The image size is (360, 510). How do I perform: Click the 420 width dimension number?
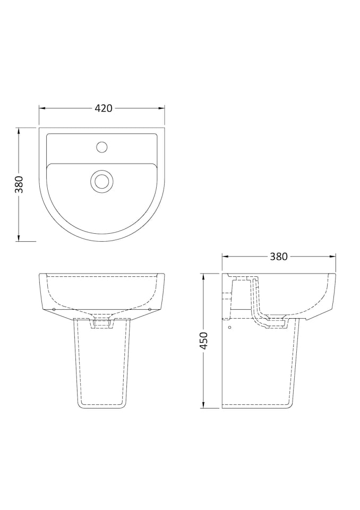tap(103, 108)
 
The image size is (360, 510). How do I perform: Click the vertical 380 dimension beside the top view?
tap(19, 184)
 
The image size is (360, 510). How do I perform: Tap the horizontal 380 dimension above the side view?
tap(278, 257)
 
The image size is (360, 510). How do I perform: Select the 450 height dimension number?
tap(203, 341)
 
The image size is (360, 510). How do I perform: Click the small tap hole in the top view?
tap(101, 146)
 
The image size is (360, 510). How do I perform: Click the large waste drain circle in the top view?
tap(101, 181)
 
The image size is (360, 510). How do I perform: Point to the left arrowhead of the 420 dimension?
tap(42, 108)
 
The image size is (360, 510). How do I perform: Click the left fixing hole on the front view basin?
tap(54, 309)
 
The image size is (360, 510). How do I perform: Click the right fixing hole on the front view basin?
tap(150, 309)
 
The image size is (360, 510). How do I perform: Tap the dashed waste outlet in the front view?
tap(101, 322)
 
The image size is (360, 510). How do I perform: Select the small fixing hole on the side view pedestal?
tap(229, 328)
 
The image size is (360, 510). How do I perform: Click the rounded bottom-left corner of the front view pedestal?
tap(80, 405)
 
